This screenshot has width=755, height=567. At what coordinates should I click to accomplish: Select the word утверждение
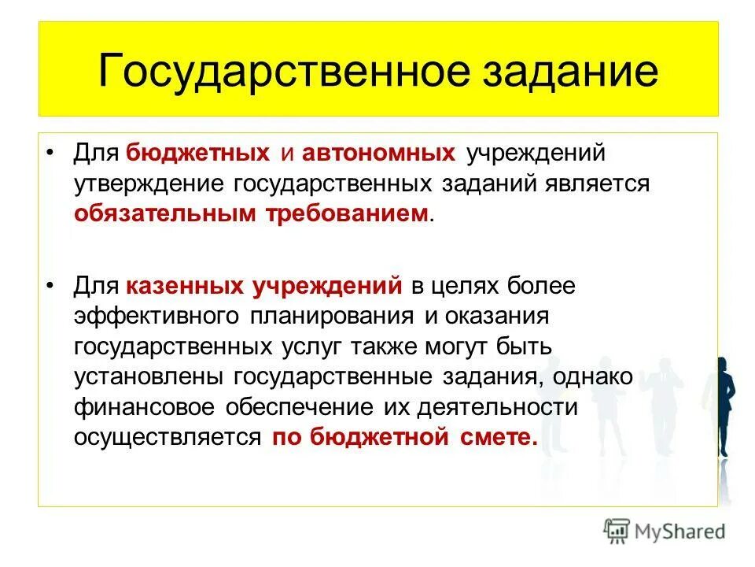[150, 183]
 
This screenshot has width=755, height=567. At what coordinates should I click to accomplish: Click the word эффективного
[158, 317]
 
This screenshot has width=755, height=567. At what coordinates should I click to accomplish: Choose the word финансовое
[145, 407]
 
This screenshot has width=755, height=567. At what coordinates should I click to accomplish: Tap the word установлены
[149, 377]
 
